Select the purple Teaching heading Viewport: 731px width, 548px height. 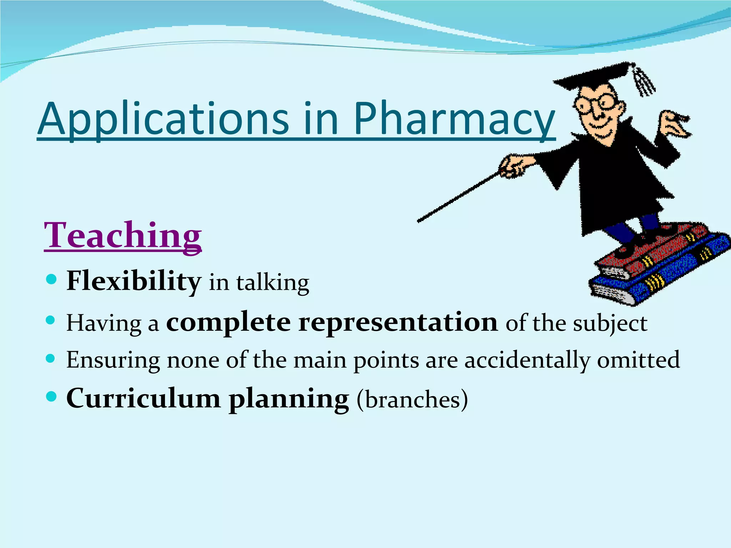(x=123, y=235)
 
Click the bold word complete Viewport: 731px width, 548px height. (x=228, y=323)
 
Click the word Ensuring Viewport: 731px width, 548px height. (x=113, y=360)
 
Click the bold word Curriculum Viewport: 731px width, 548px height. (x=143, y=399)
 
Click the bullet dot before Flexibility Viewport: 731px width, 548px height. (x=51, y=279)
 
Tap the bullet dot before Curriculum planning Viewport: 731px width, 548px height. (x=51, y=396)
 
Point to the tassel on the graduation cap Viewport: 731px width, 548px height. (x=644, y=82)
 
